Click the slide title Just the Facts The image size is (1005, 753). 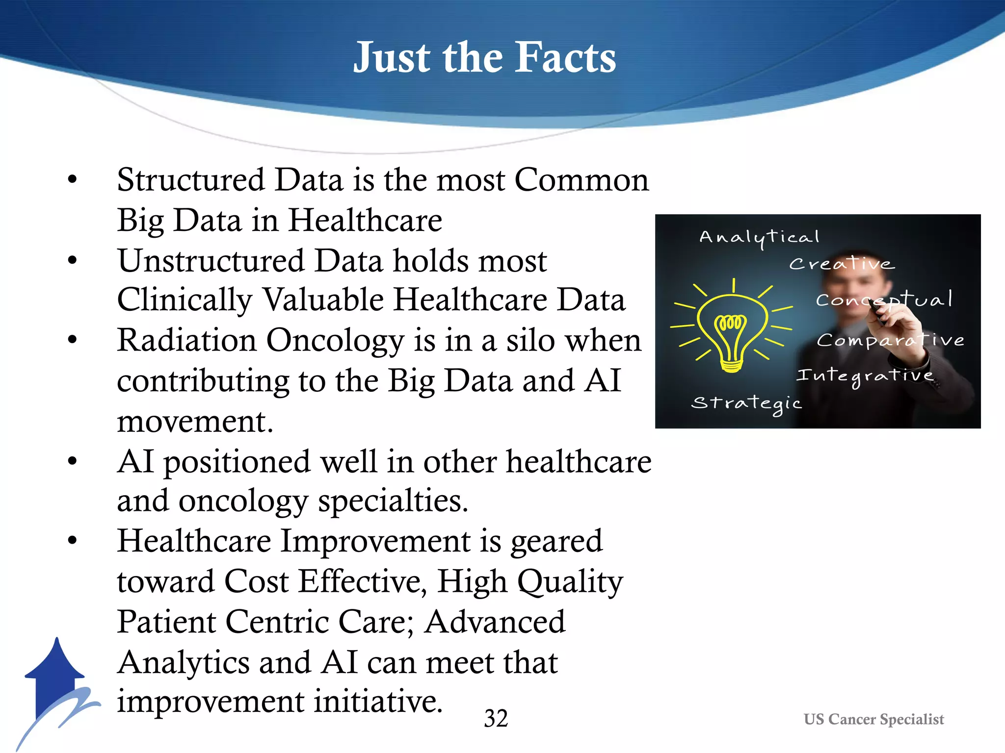pyautogui.click(x=484, y=58)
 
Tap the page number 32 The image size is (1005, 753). pyautogui.click(x=496, y=719)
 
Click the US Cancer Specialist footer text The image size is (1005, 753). pyautogui.click(x=873, y=719)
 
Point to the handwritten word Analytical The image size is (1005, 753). pyautogui.click(x=759, y=237)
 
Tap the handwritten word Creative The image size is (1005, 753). pyautogui.click(x=842, y=264)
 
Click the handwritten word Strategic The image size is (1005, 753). pyautogui.click(x=746, y=403)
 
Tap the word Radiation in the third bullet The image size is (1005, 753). pyautogui.click(x=186, y=340)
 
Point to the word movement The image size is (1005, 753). pyautogui.click(x=195, y=421)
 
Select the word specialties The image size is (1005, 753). pyautogui.click(x=393, y=502)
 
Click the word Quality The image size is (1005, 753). pyautogui.click(x=570, y=582)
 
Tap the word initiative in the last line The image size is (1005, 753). pyautogui.click(x=378, y=701)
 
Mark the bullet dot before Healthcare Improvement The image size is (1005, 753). pyautogui.click(x=73, y=541)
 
